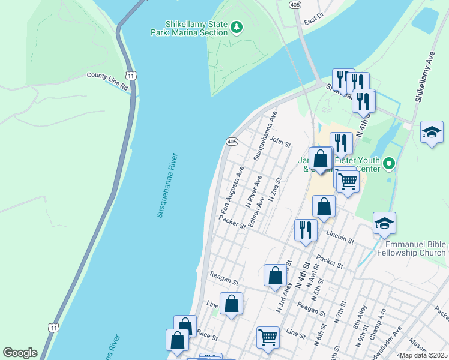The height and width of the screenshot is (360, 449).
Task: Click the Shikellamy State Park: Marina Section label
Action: [188, 28]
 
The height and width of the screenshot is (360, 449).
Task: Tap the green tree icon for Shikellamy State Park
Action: [237, 27]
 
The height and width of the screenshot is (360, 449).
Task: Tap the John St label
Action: [280, 142]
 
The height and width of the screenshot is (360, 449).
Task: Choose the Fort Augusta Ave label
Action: [232, 191]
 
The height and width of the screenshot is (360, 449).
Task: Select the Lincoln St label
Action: [340, 236]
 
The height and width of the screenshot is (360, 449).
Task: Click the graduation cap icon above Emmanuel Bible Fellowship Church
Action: [384, 224]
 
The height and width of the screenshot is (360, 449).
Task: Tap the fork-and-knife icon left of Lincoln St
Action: [306, 230]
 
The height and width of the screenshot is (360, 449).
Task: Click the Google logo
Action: [20, 353]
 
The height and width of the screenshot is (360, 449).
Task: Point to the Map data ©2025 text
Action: [423, 355]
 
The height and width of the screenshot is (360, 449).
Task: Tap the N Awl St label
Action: [310, 276]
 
